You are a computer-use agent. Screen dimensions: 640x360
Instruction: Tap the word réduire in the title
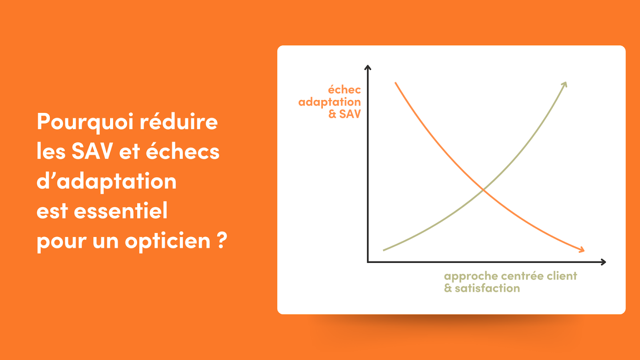pyautogui.click(x=178, y=121)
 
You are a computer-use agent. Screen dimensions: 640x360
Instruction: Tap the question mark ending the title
pyautogui.click(x=222, y=240)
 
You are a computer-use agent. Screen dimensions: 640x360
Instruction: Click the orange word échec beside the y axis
pyautogui.click(x=344, y=90)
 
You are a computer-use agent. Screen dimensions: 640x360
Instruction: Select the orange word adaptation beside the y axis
pyautogui.click(x=330, y=102)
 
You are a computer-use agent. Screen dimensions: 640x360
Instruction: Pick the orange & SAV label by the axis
pyautogui.click(x=344, y=114)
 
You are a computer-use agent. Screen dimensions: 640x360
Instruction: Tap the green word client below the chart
pyautogui.click(x=562, y=276)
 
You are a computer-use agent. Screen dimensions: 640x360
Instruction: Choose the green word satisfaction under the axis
pyautogui.click(x=488, y=288)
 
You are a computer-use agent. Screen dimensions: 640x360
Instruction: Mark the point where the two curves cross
pyautogui.click(x=484, y=190)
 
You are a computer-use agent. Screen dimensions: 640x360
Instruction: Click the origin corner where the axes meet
pyautogui.click(x=368, y=262)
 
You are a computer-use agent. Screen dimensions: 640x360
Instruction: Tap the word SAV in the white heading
pyautogui.click(x=92, y=151)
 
